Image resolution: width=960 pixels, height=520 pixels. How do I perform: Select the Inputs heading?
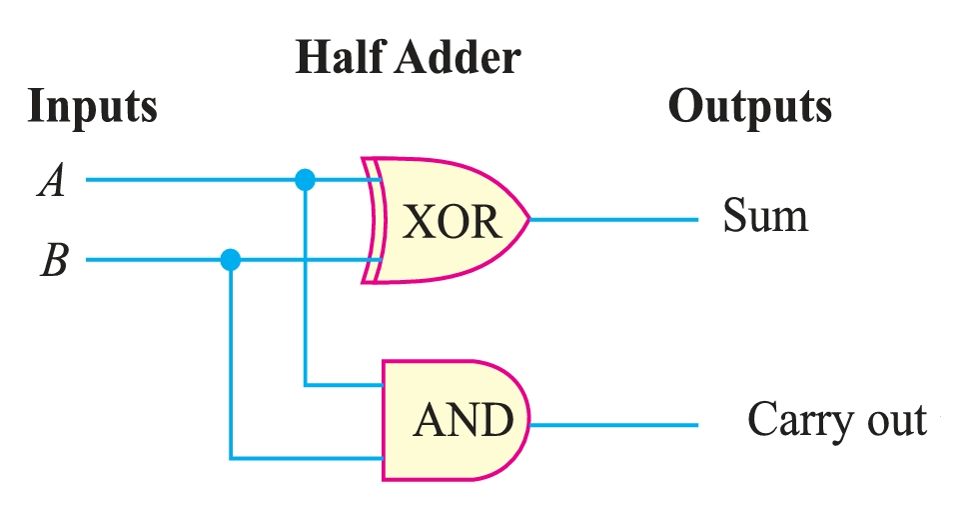92,105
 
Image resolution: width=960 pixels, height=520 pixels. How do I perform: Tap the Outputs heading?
749,105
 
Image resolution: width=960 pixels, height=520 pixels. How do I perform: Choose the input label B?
52,262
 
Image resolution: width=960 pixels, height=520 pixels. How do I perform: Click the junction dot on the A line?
306,180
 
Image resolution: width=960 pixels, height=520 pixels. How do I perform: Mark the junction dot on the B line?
231,260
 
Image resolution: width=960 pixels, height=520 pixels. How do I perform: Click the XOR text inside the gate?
451,222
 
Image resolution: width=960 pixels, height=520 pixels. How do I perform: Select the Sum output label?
765,216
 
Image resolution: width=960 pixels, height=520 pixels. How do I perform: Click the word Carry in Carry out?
795,421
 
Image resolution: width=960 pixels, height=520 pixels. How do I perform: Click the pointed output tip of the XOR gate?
529,219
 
